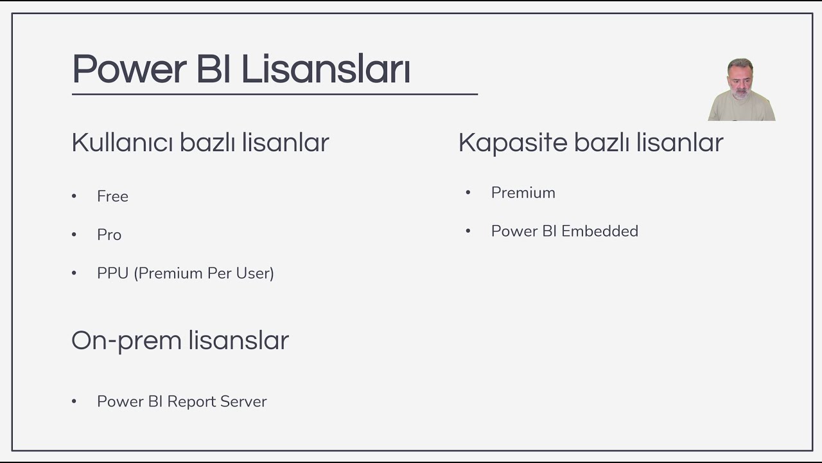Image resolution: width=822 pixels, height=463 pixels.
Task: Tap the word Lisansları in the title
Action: [x=326, y=69]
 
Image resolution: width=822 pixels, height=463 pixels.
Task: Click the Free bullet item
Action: [x=112, y=197]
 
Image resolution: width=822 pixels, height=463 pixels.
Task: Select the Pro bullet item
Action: [x=109, y=235]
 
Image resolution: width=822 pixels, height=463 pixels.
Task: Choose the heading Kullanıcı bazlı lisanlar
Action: [x=200, y=142]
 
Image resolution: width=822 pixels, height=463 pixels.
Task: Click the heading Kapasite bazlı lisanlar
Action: [x=591, y=142]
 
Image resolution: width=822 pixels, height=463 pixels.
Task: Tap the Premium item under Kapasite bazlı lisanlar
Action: [x=523, y=193]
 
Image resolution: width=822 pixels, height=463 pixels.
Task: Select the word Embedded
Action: [x=600, y=232]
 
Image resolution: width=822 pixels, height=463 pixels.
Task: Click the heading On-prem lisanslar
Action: [x=180, y=340]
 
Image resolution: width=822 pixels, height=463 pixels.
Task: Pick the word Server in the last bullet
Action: [x=243, y=402]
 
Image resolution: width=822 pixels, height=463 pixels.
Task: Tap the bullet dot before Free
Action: [x=74, y=196]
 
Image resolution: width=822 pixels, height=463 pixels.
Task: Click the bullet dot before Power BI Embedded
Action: [x=468, y=231]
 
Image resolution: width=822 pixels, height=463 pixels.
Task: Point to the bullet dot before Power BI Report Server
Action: [x=74, y=401]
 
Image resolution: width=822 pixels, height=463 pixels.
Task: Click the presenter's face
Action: [x=740, y=80]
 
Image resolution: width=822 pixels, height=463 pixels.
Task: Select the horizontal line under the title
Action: [x=274, y=95]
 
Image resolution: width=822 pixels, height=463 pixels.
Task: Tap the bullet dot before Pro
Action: [x=74, y=235]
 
